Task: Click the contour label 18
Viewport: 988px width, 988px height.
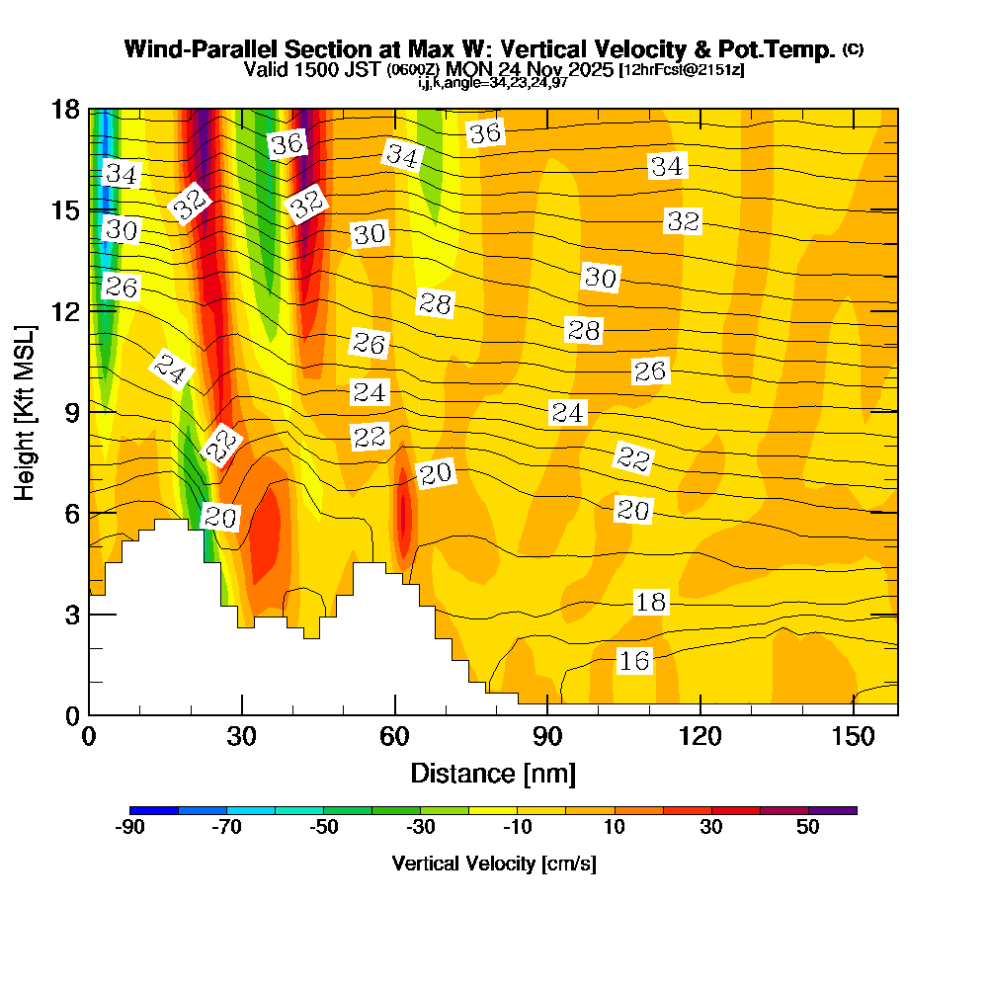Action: tap(651, 602)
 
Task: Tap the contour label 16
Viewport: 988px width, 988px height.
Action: tap(634, 661)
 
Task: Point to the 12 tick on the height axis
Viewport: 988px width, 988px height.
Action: tap(89, 310)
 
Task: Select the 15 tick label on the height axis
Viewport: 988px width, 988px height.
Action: tap(65, 209)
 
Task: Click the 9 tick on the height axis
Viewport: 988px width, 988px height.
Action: tap(89, 411)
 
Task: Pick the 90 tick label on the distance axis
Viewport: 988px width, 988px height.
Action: tap(547, 737)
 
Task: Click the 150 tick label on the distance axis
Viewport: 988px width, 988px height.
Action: tap(853, 737)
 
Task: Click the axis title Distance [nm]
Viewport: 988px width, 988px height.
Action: tap(493, 773)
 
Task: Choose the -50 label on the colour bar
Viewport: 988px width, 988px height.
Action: tap(324, 828)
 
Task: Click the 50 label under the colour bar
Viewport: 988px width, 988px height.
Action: tap(808, 828)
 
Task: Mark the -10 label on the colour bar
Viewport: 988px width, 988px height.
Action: tap(518, 828)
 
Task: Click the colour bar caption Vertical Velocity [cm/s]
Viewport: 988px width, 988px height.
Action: tap(494, 864)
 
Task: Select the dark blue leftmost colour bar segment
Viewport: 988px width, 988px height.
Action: tap(154, 810)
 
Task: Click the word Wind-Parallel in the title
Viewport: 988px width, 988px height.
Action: tap(194, 49)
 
